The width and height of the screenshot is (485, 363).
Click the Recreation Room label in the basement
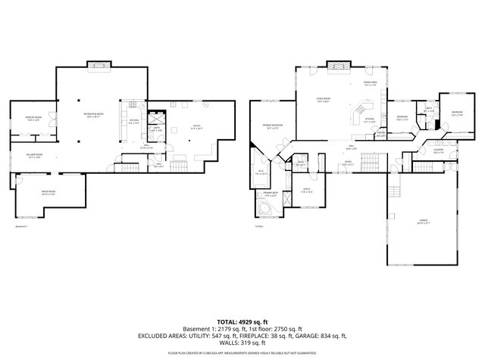click(x=94, y=115)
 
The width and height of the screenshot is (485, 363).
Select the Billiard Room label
click(x=34, y=156)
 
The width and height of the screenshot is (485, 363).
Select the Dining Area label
click(x=370, y=84)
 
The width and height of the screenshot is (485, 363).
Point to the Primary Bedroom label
click(x=273, y=126)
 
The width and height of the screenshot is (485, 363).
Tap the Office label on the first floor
click(x=307, y=190)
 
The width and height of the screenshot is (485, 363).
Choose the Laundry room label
click(x=438, y=151)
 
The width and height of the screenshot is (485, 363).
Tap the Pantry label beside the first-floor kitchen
click(x=381, y=137)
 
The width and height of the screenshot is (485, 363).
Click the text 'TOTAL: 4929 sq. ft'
click(x=242, y=322)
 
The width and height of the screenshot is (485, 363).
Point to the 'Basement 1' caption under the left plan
click(x=22, y=226)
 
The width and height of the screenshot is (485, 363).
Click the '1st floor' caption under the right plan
click(x=259, y=226)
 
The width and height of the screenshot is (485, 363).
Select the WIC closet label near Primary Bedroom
click(x=260, y=172)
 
